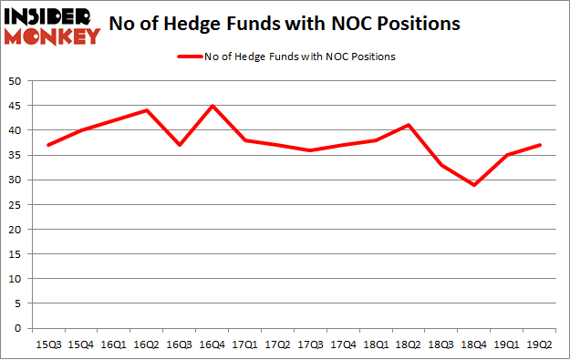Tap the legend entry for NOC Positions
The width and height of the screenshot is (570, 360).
(285, 57)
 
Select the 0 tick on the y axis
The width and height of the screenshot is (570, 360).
(19, 328)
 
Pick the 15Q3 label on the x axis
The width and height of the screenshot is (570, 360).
(48, 344)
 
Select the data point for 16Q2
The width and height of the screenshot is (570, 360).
(146, 110)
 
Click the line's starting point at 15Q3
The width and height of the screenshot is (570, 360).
(48, 145)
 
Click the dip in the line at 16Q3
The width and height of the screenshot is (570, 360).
(178, 145)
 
